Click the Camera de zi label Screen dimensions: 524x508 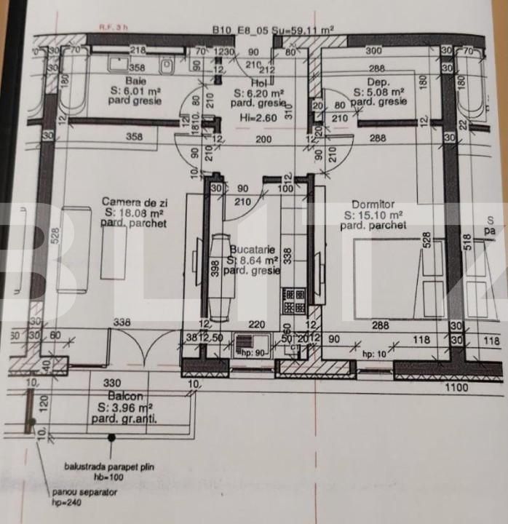(132, 202)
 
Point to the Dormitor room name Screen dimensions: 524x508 (373, 205)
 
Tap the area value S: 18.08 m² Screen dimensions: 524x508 (134, 213)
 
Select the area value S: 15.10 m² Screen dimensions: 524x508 (373, 215)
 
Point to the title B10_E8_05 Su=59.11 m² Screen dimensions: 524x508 (273, 31)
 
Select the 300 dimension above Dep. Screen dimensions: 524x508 (373, 51)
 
